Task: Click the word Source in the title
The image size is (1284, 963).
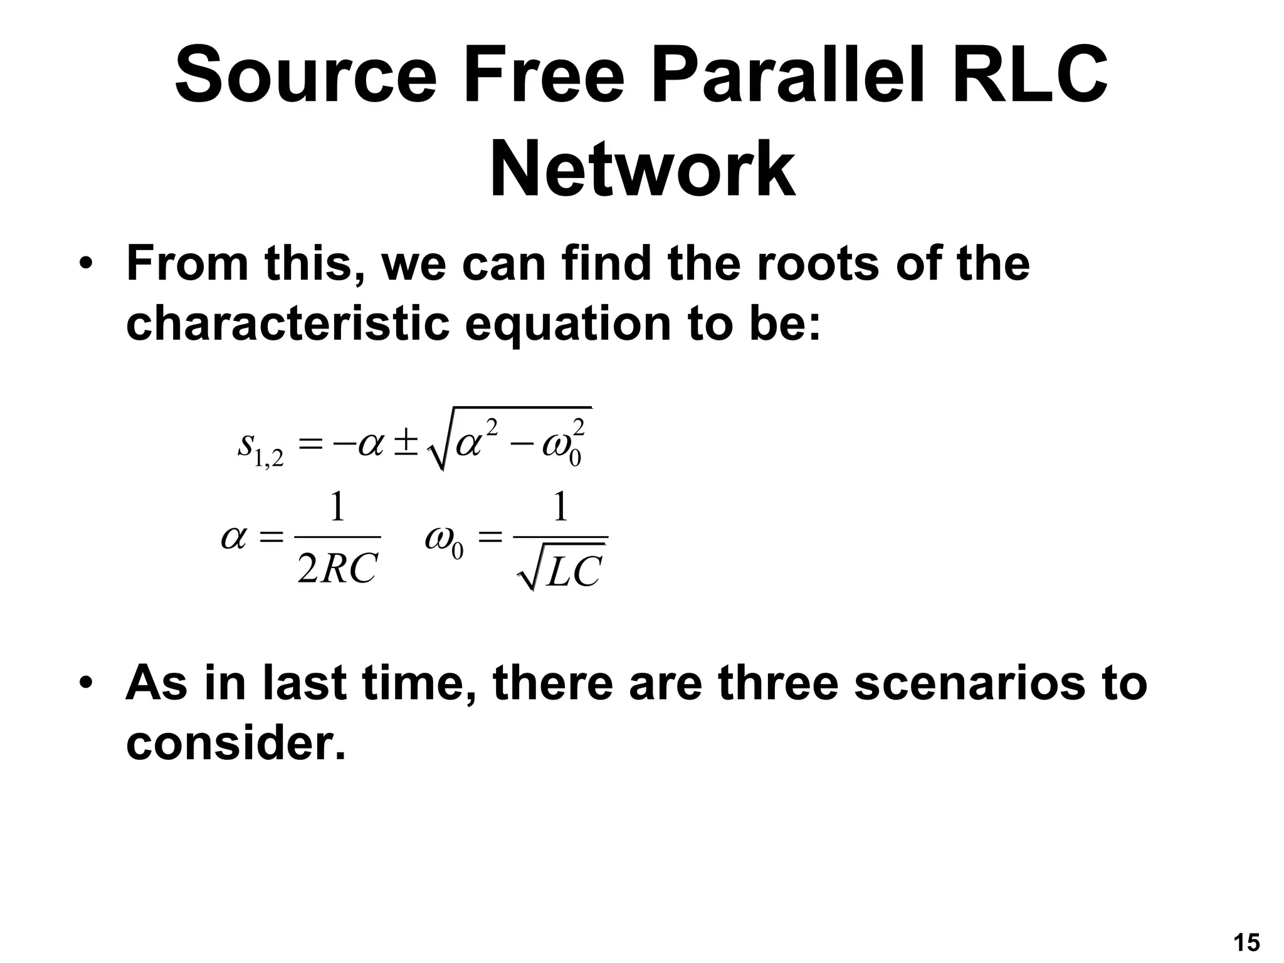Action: (x=305, y=75)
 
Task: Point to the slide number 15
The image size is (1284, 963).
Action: (x=1246, y=943)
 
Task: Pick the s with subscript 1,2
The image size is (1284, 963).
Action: (x=259, y=446)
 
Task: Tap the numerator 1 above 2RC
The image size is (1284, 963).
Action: (x=337, y=507)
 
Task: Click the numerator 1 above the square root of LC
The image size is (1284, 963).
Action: (x=560, y=507)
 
